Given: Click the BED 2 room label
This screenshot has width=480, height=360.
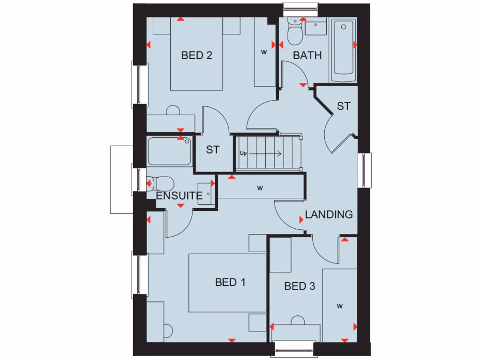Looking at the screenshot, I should click(197, 55).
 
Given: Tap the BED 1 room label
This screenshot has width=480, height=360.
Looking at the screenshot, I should click(230, 282).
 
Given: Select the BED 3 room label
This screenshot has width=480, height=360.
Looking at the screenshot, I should click(300, 286).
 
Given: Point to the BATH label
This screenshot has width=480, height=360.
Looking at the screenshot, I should click(307, 55).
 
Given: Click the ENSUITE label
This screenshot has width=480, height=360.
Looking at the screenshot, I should click(179, 196).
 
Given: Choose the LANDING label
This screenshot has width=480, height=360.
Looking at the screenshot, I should click(329, 215).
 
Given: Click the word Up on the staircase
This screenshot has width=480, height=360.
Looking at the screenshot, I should click(243, 153).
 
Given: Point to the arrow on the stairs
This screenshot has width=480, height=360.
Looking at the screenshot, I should click(267, 153).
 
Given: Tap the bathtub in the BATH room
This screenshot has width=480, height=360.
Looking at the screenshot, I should click(344, 49).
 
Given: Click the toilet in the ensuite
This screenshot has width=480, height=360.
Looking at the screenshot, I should click(160, 183).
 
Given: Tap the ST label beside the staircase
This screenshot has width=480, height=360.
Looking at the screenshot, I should click(213, 150).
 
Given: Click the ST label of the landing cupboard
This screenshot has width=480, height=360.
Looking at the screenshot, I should click(344, 106).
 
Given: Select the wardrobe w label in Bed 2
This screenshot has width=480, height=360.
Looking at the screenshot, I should click(264, 52).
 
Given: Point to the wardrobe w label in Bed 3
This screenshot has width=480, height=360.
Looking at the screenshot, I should click(339, 307).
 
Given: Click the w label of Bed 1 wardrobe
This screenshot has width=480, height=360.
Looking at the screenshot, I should click(260, 188).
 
